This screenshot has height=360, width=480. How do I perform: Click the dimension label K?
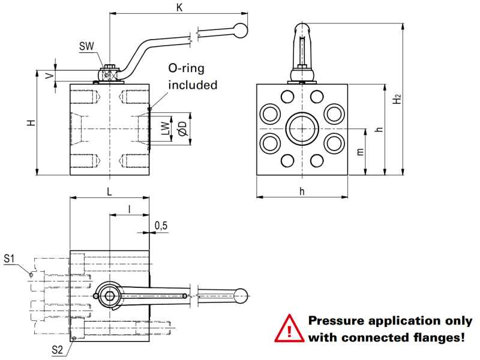[178, 7]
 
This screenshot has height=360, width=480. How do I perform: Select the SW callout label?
[86, 47]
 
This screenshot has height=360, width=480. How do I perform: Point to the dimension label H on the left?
[31, 122]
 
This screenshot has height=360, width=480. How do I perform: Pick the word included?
[193, 85]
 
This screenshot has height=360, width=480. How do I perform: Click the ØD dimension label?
[182, 128]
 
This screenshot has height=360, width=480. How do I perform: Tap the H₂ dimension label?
[397, 100]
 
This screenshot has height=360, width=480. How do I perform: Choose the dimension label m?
[360, 152]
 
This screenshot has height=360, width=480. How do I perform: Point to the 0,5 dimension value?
[161, 225]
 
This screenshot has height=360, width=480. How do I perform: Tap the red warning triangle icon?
[290, 329]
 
